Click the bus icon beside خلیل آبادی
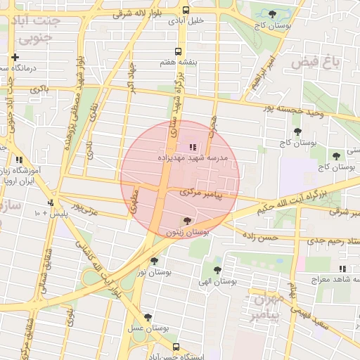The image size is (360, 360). click(186, 11)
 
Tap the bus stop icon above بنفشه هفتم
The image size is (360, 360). click(177, 51)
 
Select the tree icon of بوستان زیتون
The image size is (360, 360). click(186, 221)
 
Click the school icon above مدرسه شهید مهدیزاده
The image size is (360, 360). click(192, 147)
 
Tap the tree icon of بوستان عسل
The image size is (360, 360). click(147, 317)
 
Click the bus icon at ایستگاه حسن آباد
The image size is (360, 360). click(176, 347)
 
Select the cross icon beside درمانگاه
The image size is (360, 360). click(15, 57)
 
